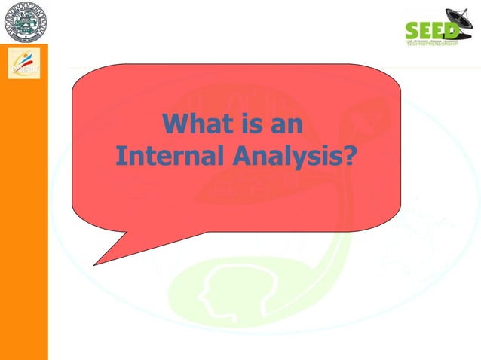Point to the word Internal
(x=161, y=156)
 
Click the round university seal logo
(x=23, y=22)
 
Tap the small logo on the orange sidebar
(x=23, y=63)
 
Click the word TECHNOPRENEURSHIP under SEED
(x=431, y=44)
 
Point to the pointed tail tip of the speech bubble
(x=94, y=264)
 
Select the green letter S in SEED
(x=412, y=30)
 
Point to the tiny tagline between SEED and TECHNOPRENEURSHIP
(x=431, y=40)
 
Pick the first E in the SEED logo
(x=424, y=30)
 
